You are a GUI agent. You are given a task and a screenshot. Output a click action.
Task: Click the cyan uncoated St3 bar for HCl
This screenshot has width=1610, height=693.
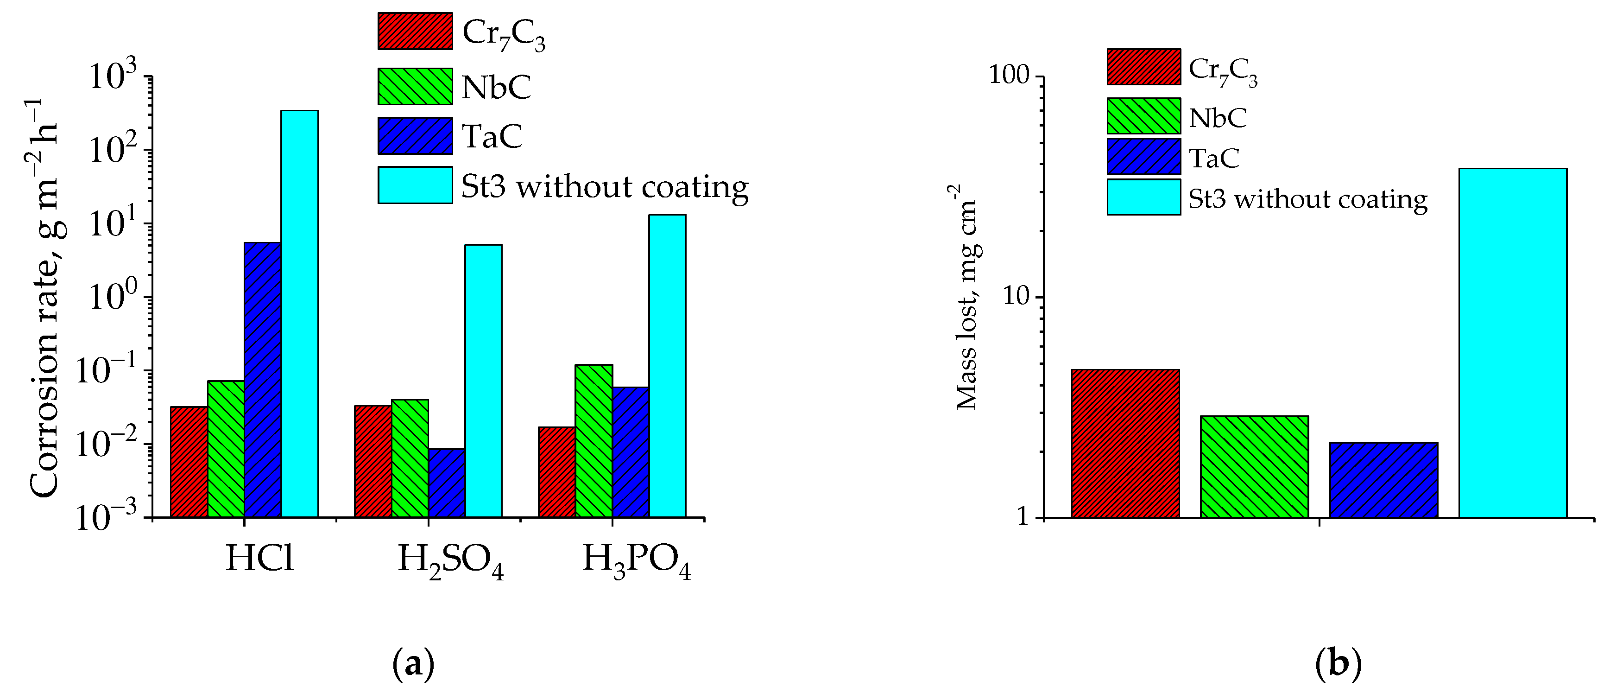pyautogui.click(x=299, y=313)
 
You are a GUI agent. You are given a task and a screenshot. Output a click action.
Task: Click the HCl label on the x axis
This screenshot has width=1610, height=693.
pyautogui.click(x=259, y=558)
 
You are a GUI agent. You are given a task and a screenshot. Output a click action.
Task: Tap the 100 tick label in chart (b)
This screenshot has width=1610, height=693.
pyautogui.click(x=1008, y=75)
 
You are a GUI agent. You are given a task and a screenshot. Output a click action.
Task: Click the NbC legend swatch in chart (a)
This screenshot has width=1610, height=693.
pyautogui.click(x=415, y=86)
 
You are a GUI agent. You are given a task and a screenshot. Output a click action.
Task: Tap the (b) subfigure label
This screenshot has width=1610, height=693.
pyautogui.click(x=1338, y=663)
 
